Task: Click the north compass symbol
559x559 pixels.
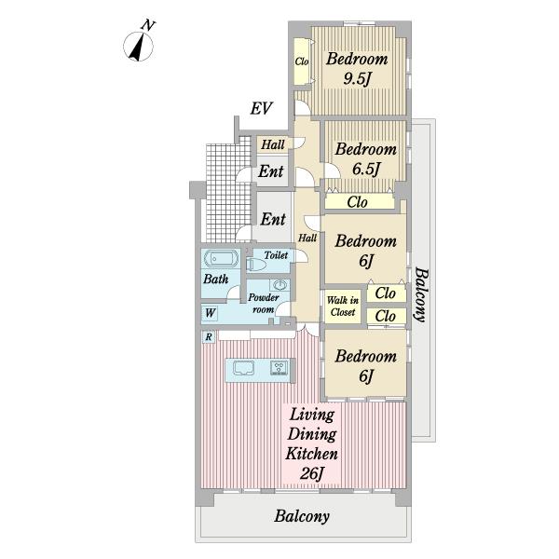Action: (x=139, y=46)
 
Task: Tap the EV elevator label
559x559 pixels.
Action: (x=261, y=108)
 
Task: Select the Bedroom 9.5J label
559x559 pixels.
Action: (x=357, y=68)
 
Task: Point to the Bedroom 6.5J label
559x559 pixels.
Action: (x=366, y=159)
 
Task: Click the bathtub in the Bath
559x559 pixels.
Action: (x=220, y=258)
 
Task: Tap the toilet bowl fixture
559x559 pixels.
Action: (x=256, y=265)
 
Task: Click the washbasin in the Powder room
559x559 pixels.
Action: (x=279, y=285)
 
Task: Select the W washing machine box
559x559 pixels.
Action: (x=210, y=313)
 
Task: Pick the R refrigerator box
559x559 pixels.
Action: (x=209, y=336)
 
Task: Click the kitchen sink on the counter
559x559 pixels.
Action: (x=243, y=368)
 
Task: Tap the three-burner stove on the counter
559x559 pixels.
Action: (x=279, y=368)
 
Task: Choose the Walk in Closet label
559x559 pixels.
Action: (x=343, y=307)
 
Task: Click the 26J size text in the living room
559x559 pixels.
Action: (x=311, y=473)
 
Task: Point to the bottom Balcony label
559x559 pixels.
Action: (x=302, y=516)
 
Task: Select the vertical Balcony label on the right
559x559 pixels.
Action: (x=421, y=294)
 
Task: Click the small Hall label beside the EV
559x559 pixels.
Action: (x=273, y=144)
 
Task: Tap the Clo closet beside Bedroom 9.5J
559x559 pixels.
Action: (x=302, y=61)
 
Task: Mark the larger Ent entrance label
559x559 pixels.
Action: (x=273, y=219)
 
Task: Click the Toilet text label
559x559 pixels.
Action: (x=276, y=255)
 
